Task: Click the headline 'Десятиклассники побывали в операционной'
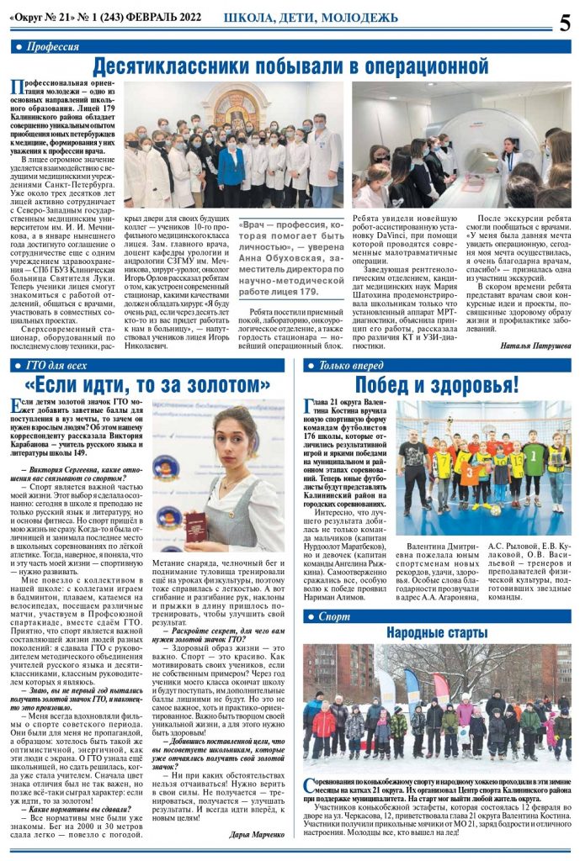(x=290, y=66)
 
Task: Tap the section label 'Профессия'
(x=52, y=47)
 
